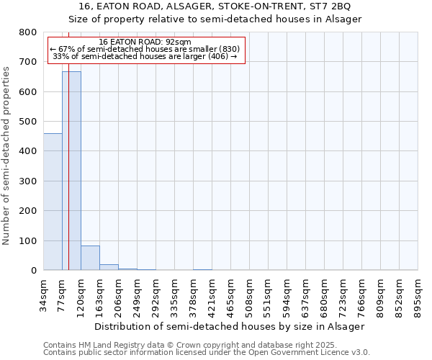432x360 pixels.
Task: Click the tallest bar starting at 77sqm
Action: [71, 173]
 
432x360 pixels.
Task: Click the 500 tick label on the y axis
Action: [28, 122]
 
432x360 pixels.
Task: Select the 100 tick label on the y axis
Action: [28, 240]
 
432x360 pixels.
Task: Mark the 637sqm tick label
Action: [306, 294]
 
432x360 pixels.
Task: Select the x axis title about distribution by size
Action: [230, 326]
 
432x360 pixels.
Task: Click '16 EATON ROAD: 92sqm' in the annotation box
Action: [145, 42]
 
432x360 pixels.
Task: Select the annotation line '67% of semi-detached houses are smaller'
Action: [145, 49]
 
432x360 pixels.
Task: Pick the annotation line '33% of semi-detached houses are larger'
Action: [145, 56]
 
